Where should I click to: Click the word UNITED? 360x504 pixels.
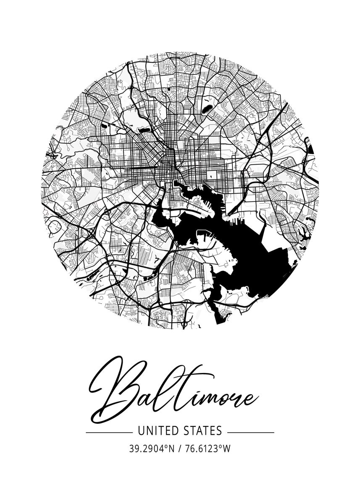point(154,430)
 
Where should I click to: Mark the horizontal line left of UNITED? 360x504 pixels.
point(109,432)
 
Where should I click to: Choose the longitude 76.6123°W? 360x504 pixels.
point(207,449)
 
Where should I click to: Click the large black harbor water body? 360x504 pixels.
point(235,252)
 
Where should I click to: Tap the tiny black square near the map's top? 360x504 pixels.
point(169,89)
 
